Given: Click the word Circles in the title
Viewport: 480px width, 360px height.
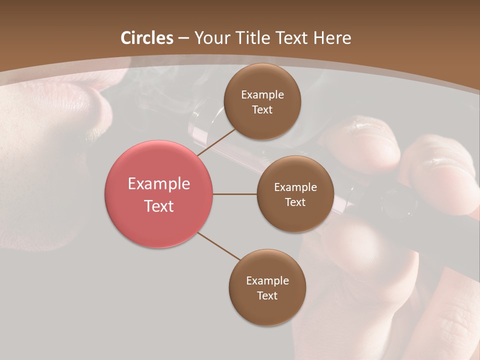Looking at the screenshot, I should click(x=147, y=38).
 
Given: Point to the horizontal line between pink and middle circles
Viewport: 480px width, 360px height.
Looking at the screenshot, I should click(x=235, y=194).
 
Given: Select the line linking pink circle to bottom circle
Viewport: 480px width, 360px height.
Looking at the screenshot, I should click(x=218, y=246).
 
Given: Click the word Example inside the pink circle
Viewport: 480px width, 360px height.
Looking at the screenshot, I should click(x=159, y=184).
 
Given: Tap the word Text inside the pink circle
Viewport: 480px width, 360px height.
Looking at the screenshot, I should click(x=159, y=206).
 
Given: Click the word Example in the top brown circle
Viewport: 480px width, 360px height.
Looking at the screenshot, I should click(x=262, y=95).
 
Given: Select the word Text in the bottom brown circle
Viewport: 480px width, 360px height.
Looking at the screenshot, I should click(x=267, y=295).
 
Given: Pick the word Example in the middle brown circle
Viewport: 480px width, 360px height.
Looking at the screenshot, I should click(x=295, y=187).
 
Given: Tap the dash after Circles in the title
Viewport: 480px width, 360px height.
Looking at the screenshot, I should click(x=183, y=38).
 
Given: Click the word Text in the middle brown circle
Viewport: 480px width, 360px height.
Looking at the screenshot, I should click(x=295, y=202).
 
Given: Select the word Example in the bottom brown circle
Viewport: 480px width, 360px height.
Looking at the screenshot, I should click(x=267, y=281).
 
